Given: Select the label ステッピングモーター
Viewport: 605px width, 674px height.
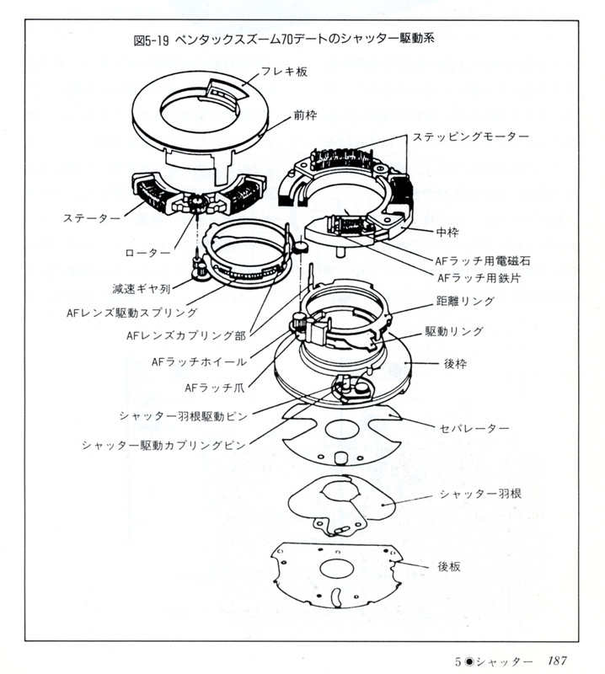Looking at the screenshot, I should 470,136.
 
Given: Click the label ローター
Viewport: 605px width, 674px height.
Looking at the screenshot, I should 147,252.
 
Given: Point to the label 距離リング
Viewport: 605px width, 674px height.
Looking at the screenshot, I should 464,301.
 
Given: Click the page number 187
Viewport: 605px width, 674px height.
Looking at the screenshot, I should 562,661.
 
